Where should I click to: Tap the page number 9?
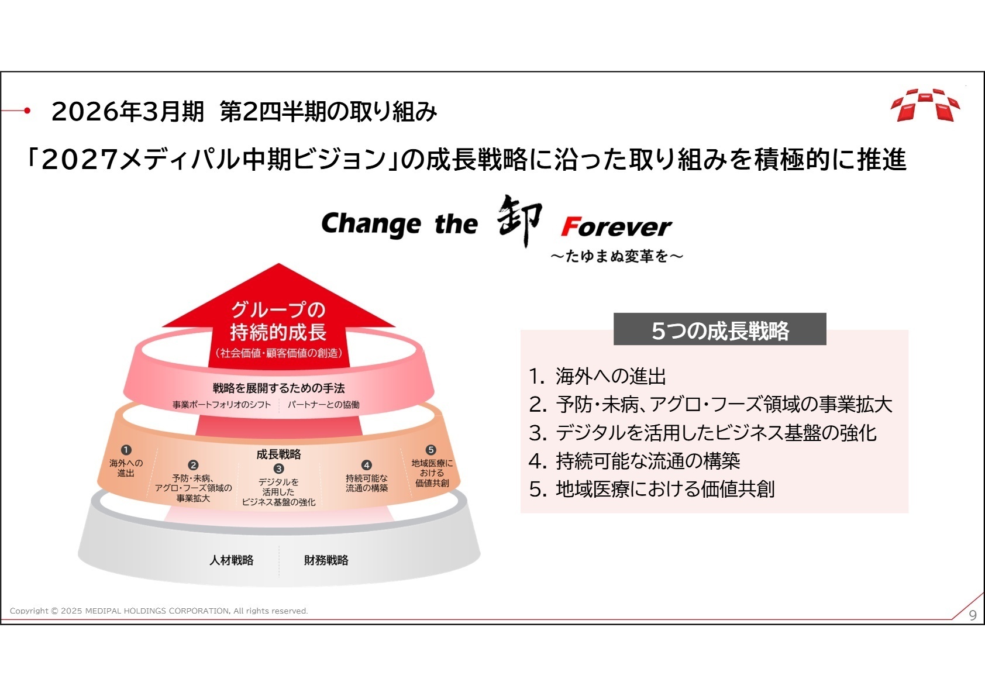click(973, 615)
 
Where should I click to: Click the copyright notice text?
click(159, 611)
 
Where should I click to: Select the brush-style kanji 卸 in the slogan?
click(519, 220)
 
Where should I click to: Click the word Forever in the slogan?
click(616, 226)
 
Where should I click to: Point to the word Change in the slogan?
click(371, 224)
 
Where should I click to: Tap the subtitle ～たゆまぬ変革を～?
click(617, 256)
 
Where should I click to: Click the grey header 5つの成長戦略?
click(720, 329)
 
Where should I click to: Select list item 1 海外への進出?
click(598, 376)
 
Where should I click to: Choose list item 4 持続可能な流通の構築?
click(635, 461)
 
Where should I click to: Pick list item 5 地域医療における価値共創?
click(652, 489)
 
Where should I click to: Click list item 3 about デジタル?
click(702, 433)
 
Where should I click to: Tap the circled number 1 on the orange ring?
click(126, 450)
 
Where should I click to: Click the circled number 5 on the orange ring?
click(431, 450)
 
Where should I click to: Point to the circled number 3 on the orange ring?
click(279, 468)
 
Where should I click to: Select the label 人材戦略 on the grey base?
click(232, 560)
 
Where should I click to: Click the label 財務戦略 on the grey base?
click(326, 560)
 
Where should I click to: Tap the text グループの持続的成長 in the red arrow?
click(278, 321)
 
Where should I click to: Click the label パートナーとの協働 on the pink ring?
click(323, 405)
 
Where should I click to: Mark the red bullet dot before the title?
click(27, 111)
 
